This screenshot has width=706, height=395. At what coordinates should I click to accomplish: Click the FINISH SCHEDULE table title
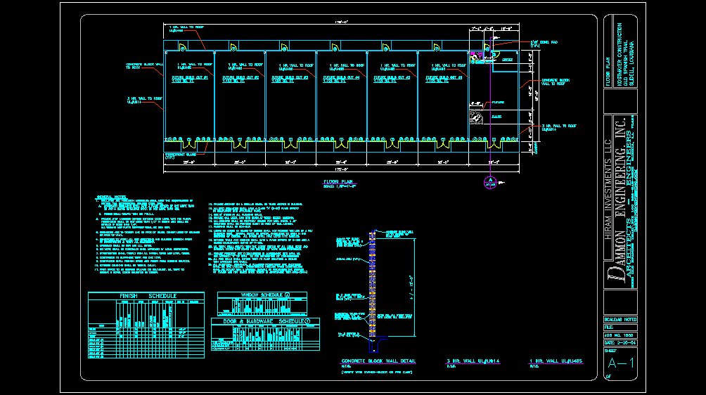139,297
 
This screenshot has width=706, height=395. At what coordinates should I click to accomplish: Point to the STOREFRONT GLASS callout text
179,155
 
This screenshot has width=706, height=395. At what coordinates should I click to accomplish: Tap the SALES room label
496,116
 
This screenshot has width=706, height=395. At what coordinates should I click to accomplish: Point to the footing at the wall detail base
380,339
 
